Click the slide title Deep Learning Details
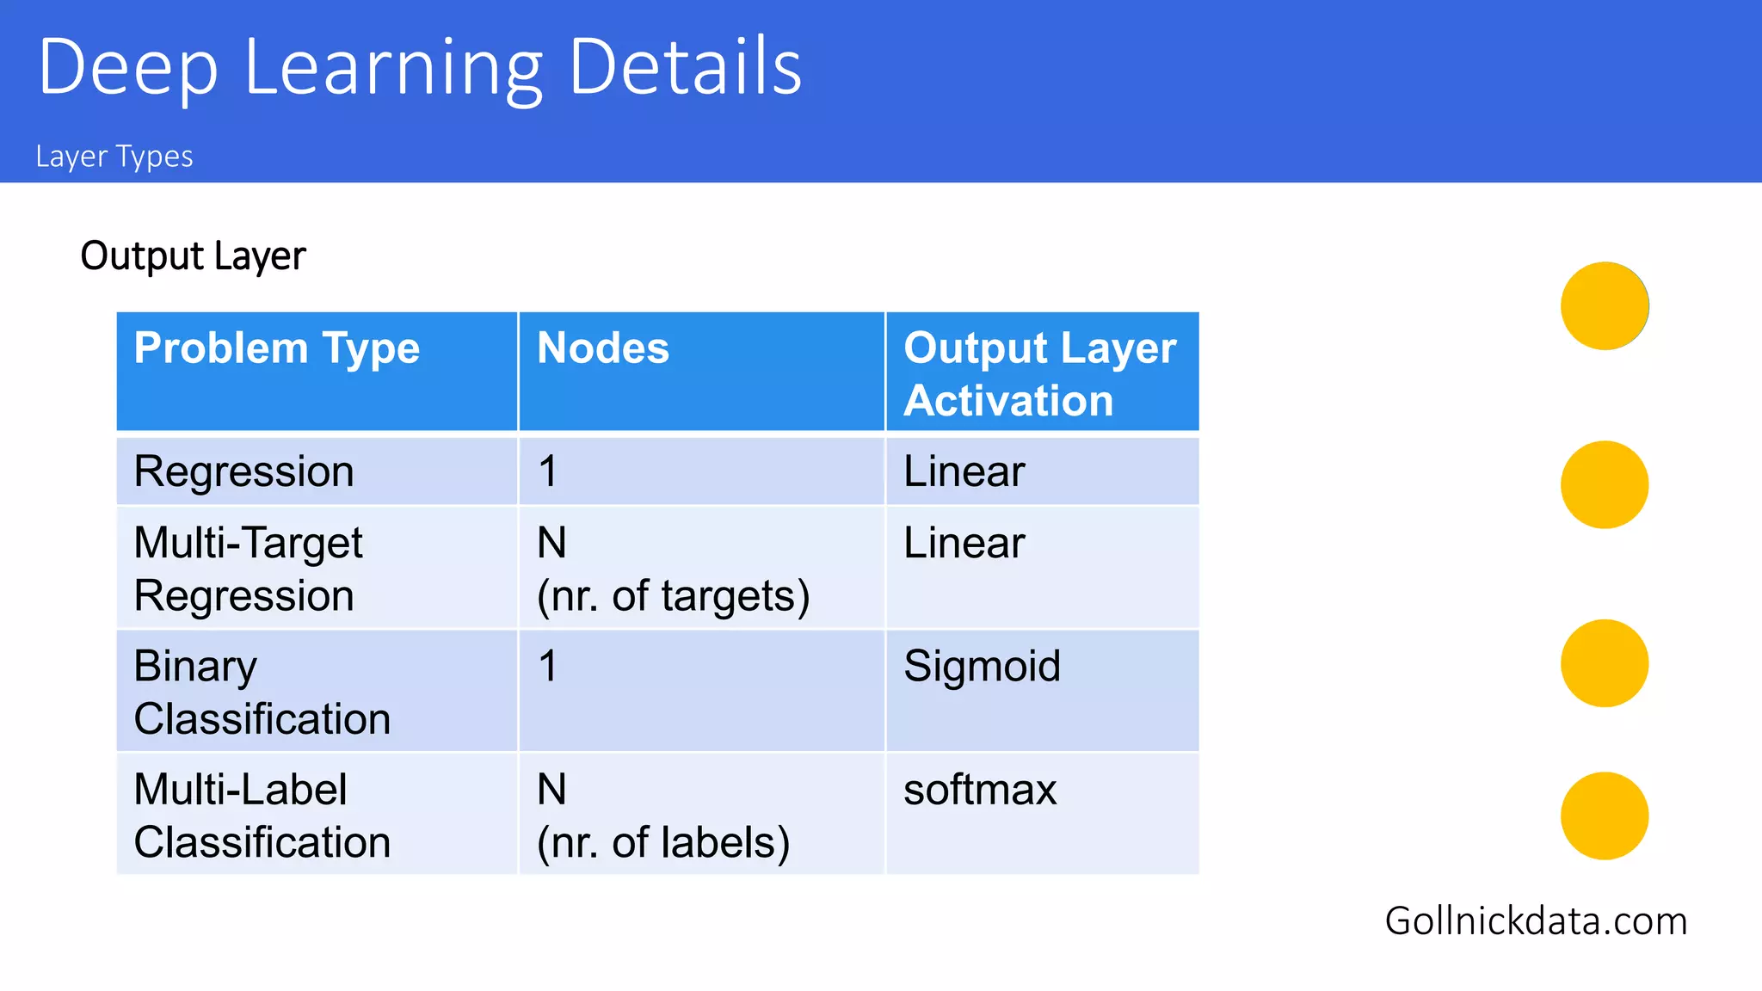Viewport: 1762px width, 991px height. [x=420, y=67]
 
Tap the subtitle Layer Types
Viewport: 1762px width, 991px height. [x=114, y=157]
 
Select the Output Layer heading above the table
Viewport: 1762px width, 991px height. [x=193, y=256]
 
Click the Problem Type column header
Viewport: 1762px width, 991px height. [x=277, y=348]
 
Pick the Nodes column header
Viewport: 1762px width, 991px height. [x=603, y=348]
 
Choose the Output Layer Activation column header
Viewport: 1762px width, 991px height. [x=1039, y=374]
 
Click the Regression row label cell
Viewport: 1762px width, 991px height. [x=244, y=471]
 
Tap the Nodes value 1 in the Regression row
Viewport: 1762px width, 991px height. [x=548, y=471]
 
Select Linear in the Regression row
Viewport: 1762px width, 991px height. [x=964, y=471]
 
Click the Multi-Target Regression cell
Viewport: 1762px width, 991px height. [x=248, y=569]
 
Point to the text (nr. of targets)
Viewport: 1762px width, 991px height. [x=673, y=596]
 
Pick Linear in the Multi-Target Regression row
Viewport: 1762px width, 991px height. [x=964, y=543]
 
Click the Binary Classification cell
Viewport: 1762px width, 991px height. [x=262, y=692]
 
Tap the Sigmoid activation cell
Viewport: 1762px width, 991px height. [x=982, y=666]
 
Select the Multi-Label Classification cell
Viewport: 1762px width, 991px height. [x=262, y=815]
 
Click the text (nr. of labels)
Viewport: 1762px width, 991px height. [x=663, y=842]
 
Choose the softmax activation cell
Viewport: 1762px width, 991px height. [x=980, y=790]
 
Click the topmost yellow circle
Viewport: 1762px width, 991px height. [x=1605, y=306]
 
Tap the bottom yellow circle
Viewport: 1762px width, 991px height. [x=1605, y=816]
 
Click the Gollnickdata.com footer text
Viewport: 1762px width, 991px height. [x=1536, y=921]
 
